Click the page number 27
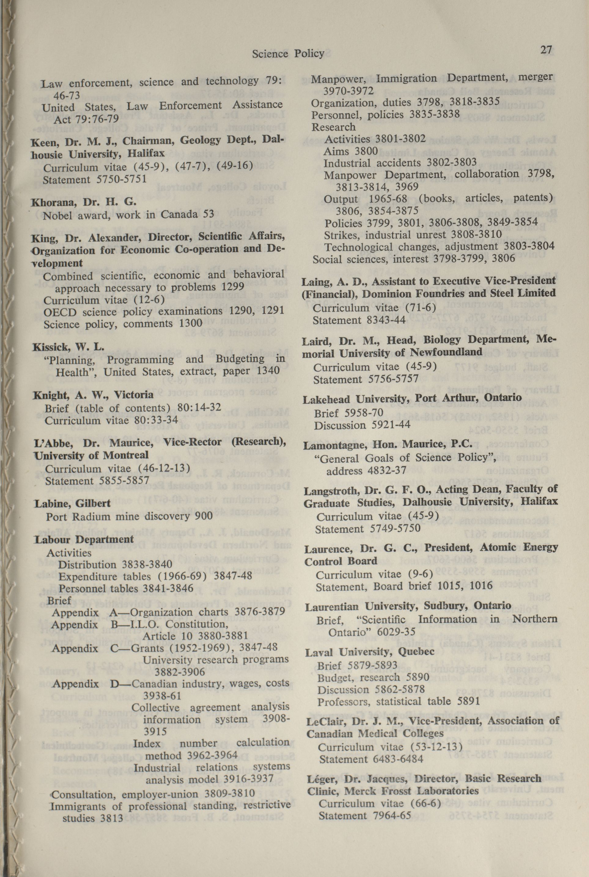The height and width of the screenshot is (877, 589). pyautogui.click(x=546, y=50)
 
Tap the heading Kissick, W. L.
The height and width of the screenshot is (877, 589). pyautogui.click(x=68, y=346)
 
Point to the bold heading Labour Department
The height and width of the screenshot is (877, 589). pyautogui.click(x=84, y=539)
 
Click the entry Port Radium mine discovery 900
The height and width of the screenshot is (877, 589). pyautogui.click(x=129, y=516)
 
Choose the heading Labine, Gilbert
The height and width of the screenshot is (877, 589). pyautogui.click(x=72, y=503)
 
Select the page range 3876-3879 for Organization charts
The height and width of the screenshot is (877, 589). pyautogui.click(x=260, y=611)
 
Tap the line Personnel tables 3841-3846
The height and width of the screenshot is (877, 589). pyautogui.click(x=126, y=588)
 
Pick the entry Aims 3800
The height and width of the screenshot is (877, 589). pyautogui.click(x=351, y=151)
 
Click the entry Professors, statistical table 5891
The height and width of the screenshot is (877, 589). pyautogui.click(x=398, y=701)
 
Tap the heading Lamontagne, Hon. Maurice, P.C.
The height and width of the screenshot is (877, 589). pyautogui.click(x=388, y=445)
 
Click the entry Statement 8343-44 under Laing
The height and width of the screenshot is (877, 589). pyautogui.click(x=359, y=320)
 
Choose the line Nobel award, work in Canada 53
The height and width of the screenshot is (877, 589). pyautogui.click(x=128, y=215)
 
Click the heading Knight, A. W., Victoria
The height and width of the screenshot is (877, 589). pyautogui.click(x=93, y=395)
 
